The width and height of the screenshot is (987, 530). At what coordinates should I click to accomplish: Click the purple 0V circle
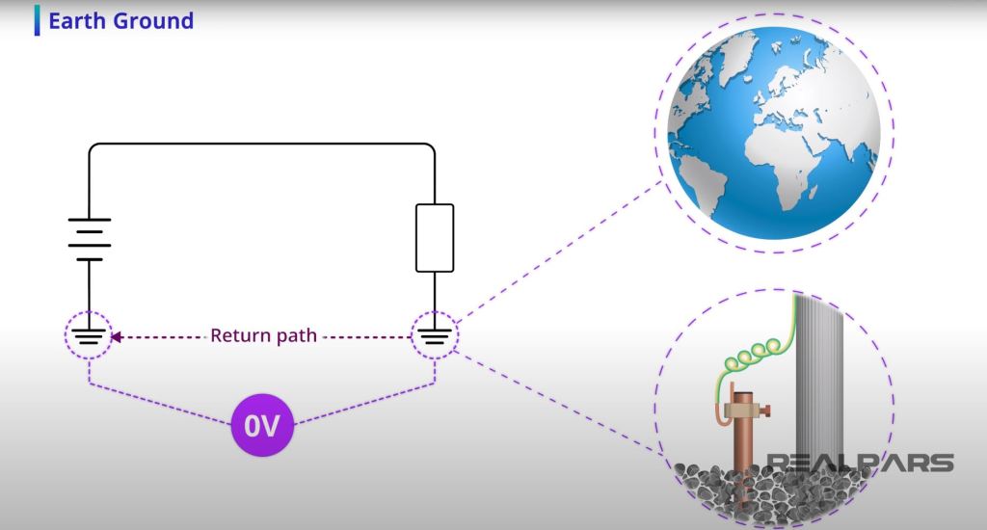262,425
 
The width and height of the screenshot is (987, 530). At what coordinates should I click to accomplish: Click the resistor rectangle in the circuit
434,237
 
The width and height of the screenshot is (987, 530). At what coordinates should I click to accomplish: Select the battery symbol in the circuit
89,238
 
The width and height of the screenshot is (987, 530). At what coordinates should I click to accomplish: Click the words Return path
262,336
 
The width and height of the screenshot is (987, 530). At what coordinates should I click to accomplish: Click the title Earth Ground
120,20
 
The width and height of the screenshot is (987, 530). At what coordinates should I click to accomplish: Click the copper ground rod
743,453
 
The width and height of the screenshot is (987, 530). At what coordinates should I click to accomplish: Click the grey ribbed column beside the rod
819,385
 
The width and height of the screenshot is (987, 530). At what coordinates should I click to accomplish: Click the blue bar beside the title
37,20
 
